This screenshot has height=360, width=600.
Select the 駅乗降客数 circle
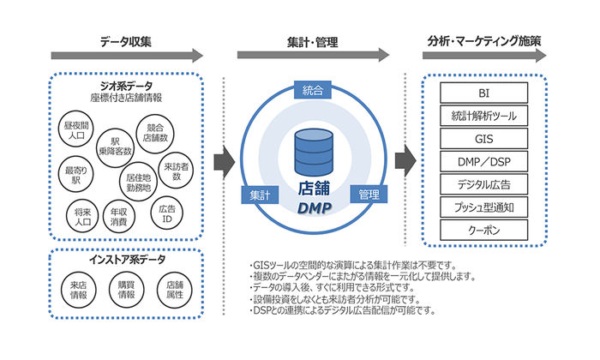115,147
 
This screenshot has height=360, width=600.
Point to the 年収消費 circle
118,215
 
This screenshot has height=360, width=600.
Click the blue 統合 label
312,90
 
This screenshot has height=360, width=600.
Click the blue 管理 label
369,195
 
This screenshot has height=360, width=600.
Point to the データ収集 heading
126,41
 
